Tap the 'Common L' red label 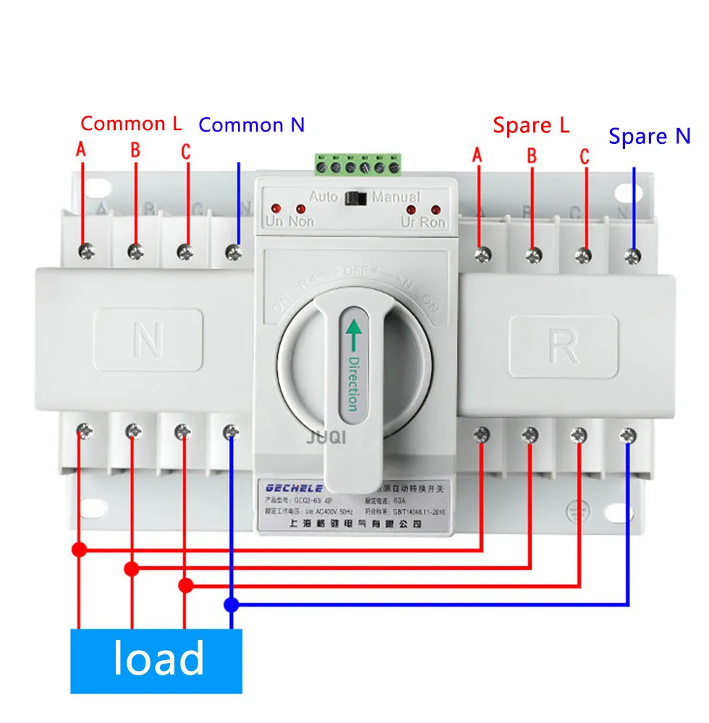point(131,124)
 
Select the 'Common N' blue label point(251,125)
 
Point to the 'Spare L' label point(531,125)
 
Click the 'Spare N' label point(649,136)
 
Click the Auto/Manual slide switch point(355,197)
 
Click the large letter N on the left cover point(148,340)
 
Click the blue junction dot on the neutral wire point(231,604)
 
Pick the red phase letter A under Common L point(82,150)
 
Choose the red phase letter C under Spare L point(584,155)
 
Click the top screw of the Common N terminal point(233,252)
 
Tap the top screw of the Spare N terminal point(633,254)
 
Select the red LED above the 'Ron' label point(436,209)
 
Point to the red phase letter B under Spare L point(531,155)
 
